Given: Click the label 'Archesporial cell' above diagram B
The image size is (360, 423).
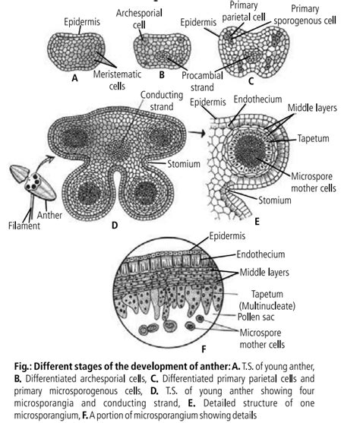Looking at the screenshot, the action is pos(139,19).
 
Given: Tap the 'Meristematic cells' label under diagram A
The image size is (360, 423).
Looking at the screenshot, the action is pos(117,80).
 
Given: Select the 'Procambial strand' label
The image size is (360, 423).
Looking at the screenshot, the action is pos(202,81).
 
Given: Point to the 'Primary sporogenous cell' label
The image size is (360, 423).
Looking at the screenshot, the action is pos(305,14).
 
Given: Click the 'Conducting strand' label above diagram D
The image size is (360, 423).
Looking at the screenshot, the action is pos(162,101).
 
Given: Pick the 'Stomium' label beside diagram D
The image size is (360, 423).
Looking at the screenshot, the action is pos(184,164).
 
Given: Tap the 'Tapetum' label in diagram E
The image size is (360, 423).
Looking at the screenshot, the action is pos(314,138).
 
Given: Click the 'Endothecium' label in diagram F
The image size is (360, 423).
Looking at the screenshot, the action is pos(261,254).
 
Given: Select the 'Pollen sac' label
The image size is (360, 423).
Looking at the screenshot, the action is pos(256,317).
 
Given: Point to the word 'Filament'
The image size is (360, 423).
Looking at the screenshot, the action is pos(24,226).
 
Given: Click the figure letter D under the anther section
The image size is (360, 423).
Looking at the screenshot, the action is pos(115,226).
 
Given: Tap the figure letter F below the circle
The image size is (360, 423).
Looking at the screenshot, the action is pos(204,349).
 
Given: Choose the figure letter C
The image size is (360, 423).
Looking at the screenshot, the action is pos(251,81).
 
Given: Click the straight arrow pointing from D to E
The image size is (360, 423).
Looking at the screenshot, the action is pos(197,133).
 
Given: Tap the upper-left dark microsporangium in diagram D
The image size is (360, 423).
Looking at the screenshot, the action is pos(75,138).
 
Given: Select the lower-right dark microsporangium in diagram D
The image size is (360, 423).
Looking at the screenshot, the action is pos(146,193).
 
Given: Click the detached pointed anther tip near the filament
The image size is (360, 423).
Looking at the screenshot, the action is pos(19,172).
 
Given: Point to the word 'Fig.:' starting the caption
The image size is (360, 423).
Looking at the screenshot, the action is pos(24,367).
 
